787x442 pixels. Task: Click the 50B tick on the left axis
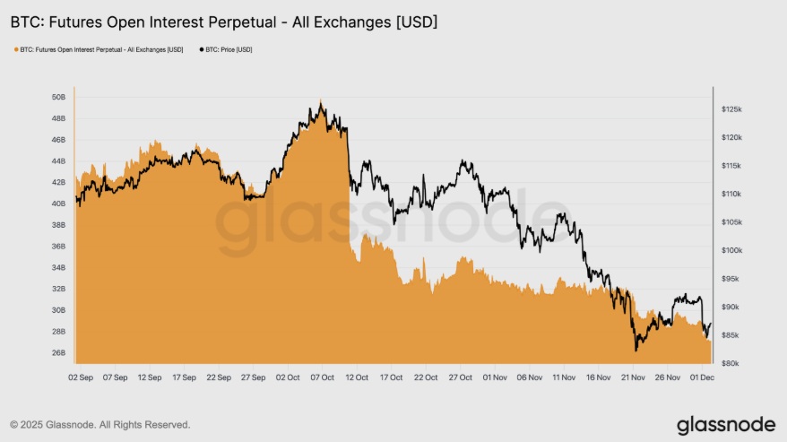[58, 97]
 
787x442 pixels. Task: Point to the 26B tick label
[58, 352]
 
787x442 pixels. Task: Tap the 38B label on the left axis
[58, 225]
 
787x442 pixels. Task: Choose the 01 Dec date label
[704, 378]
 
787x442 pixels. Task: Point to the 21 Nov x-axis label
[635, 378]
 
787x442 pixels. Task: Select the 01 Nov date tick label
[497, 378]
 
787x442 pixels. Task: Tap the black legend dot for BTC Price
[201, 49]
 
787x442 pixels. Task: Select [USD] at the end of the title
[416, 20]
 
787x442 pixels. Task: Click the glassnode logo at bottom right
[726, 423]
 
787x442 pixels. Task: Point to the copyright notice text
[99, 424]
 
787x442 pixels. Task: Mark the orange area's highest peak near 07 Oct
[320, 100]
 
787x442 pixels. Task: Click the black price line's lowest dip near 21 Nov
[636, 350]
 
